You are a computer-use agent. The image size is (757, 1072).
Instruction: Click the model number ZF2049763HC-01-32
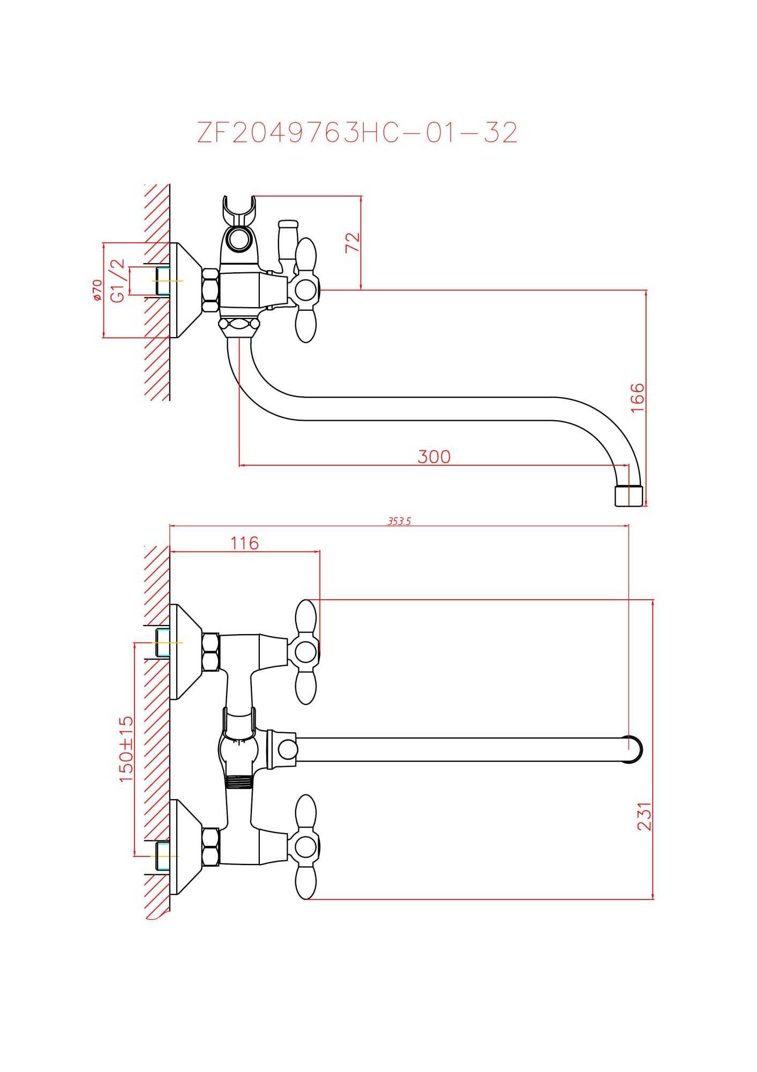tap(357, 132)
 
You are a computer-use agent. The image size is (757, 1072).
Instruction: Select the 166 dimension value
tap(638, 398)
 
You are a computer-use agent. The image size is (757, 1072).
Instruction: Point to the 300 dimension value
tap(434, 457)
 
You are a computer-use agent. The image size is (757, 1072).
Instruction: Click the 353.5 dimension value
tap(399, 521)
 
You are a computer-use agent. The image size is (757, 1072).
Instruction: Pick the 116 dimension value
tap(245, 543)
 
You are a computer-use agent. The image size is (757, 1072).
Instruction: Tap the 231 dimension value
tap(644, 816)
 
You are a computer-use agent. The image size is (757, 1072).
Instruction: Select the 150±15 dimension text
tap(126, 749)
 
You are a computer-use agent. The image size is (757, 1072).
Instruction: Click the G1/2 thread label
tap(117, 280)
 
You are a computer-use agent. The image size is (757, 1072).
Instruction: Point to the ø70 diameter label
tap(97, 290)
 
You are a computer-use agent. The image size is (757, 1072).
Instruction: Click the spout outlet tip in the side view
tap(627, 496)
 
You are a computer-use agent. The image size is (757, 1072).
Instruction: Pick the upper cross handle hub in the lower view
tap(306, 652)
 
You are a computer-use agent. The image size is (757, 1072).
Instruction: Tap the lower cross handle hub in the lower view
tap(306, 847)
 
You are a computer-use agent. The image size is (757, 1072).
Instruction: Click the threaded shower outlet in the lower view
tap(238, 782)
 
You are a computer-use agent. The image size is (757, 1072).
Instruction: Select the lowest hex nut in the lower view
tap(211, 846)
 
